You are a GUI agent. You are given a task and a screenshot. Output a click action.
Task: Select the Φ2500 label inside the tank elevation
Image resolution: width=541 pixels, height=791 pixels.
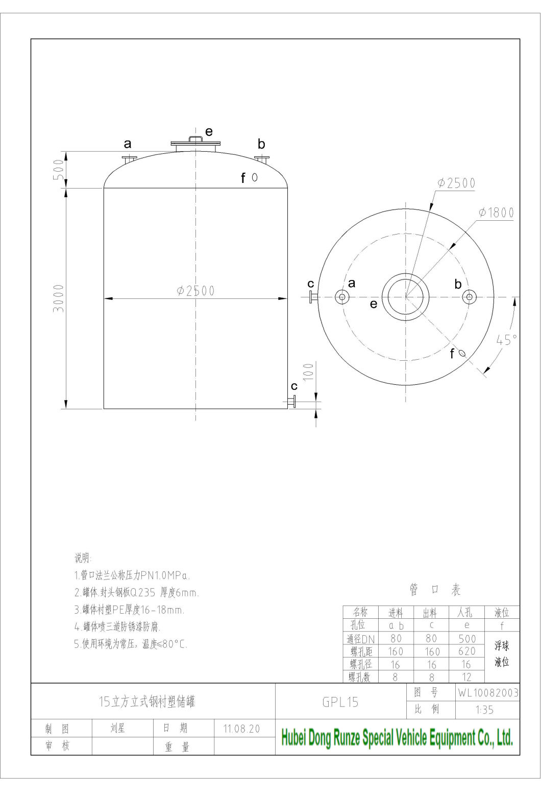click(x=195, y=291)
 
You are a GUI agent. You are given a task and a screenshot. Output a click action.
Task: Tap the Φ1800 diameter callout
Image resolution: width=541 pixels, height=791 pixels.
click(x=496, y=213)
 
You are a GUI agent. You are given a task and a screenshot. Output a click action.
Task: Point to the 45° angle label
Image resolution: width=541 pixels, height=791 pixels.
click(x=506, y=340)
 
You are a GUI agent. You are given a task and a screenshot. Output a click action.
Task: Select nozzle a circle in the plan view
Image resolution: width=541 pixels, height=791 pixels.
click(x=341, y=296)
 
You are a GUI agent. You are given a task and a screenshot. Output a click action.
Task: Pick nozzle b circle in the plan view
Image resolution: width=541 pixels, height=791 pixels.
click(x=469, y=296)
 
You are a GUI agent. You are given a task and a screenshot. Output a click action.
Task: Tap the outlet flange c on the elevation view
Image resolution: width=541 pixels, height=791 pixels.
click(x=292, y=402)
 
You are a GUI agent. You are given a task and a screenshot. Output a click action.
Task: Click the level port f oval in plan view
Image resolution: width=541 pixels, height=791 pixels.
click(x=462, y=353)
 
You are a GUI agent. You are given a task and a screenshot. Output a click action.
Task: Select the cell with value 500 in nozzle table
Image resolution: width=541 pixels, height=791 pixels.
click(x=466, y=638)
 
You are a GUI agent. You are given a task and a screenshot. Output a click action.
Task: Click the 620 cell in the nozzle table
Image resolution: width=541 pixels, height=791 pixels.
click(x=466, y=651)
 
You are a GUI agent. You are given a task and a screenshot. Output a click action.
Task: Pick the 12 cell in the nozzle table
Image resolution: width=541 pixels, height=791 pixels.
click(x=466, y=677)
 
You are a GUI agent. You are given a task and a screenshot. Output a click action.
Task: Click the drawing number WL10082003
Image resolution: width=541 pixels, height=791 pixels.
click(x=488, y=692)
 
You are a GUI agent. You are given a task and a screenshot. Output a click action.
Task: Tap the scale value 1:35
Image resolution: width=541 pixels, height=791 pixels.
click(x=484, y=709)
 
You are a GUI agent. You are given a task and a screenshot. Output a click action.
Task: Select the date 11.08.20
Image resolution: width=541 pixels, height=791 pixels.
click(x=241, y=729)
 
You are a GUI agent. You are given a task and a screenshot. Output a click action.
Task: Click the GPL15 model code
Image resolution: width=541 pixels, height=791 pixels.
click(x=340, y=702)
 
